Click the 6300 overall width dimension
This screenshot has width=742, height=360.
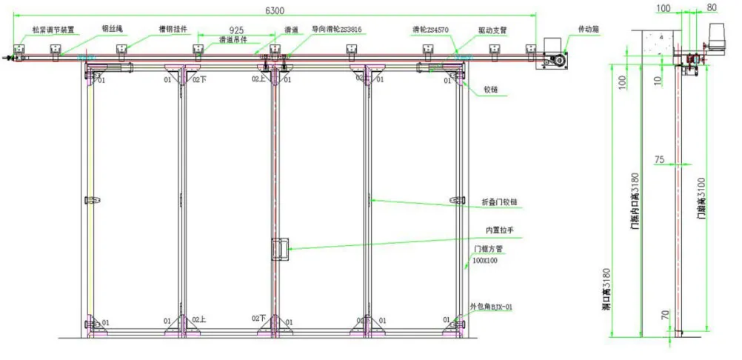tap(274, 10)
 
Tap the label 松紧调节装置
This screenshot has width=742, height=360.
tap(53, 30)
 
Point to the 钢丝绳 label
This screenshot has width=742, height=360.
tap(113, 30)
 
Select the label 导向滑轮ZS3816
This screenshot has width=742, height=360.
tap(337, 30)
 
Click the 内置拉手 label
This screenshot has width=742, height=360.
tap(500, 230)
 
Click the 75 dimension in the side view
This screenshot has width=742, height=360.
tap(661, 159)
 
